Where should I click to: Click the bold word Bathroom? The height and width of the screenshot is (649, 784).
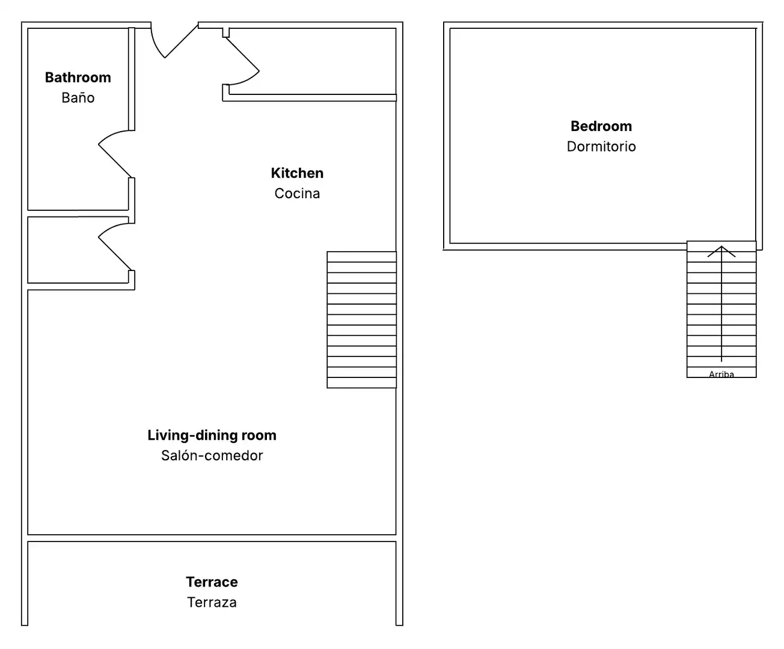point(78,78)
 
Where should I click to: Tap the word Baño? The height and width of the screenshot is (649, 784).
point(78,97)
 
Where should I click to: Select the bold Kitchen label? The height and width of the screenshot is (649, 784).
point(297,173)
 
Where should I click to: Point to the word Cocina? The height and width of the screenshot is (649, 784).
point(297,193)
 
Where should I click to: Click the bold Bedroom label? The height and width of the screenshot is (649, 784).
point(601,126)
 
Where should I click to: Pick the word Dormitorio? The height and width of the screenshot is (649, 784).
point(601,147)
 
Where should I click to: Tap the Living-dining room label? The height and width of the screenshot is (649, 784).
point(212,435)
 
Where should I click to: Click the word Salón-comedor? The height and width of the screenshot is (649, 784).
point(212,456)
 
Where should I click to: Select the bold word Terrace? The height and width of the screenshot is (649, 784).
point(212,582)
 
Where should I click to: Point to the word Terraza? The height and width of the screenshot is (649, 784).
point(212,602)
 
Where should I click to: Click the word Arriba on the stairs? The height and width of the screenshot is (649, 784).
point(721,374)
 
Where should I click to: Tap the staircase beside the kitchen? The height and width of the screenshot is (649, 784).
point(361,320)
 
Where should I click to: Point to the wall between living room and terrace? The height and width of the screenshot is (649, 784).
point(212,538)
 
